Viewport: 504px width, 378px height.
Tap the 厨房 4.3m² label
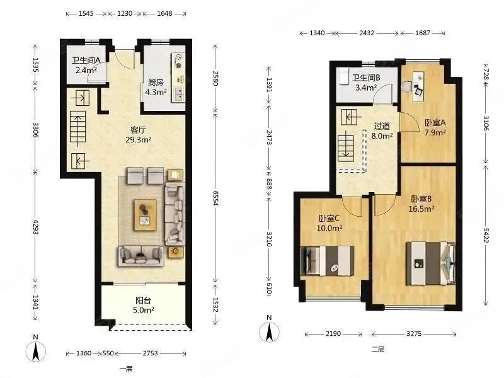pyautogui.click(x=156, y=87)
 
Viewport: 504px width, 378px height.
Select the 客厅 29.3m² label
pyautogui.click(x=139, y=135)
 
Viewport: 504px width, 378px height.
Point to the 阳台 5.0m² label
pyautogui.click(x=144, y=306)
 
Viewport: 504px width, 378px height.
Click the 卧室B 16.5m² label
pyautogui.click(x=421, y=203)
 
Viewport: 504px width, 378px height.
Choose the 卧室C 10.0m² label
pyautogui.click(x=329, y=223)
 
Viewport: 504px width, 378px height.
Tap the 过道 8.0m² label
pyautogui.click(x=382, y=131)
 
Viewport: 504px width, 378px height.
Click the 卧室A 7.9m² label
pyautogui.click(x=435, y=127)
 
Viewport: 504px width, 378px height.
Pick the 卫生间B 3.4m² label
pyautogui.click(x=366, y=83)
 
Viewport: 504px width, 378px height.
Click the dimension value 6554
pyautogui.click(x=215, y=198)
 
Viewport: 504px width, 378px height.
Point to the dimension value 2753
pyautogui.click(x=150, y=353)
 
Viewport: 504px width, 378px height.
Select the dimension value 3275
pyautogui.click(x=414, y=334)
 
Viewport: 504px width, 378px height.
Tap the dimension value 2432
pyautogui.click(x=367, y=33)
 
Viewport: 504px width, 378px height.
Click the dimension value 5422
pyautogui.click(x=485, y=235)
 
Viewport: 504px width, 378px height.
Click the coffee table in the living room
pyautogui.click(x=146, y=215)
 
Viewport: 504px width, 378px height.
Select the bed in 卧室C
pyautogui.click(x=327, y=261)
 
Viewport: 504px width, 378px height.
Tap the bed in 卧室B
pyautogui.click(x=431, y=263)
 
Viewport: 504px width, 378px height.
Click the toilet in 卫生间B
pyautogui.click(x=343, y=76)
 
